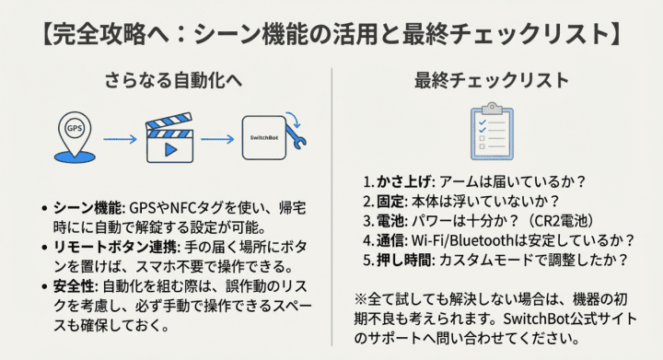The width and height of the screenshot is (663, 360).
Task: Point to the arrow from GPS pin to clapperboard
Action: click(x=123, y=141)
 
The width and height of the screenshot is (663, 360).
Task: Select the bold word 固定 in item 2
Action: click(x=388, y=202)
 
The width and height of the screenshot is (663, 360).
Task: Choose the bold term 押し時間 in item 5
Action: click(x=402, y=260)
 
